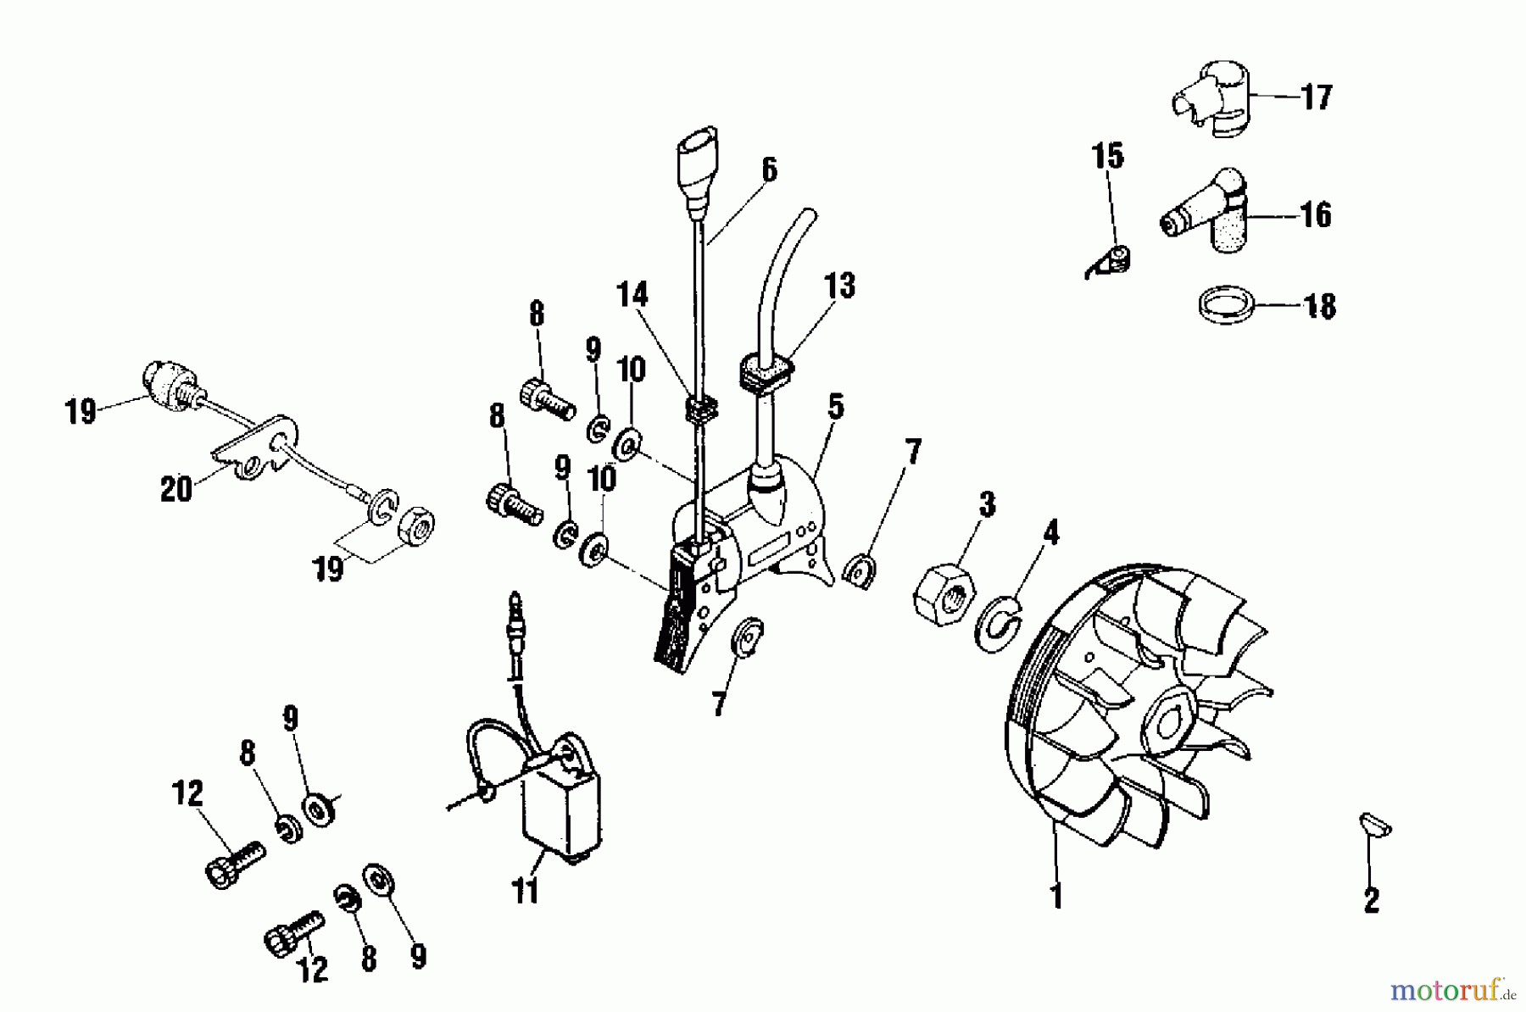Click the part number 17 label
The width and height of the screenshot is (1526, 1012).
(1317, 97)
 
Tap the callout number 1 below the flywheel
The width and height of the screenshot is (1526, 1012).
(1056, 895)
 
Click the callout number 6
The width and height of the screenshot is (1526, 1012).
(769, 170)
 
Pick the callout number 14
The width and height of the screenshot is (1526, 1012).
(632, 295)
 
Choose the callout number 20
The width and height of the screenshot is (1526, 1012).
(175, 489)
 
